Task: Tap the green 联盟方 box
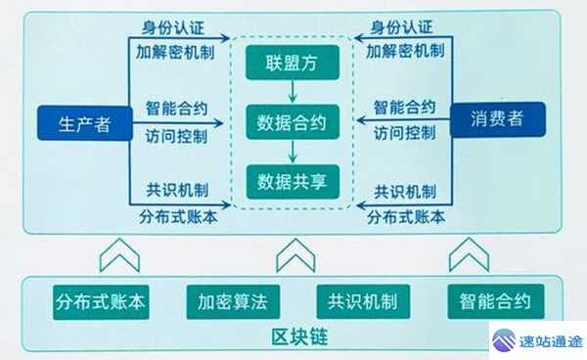click(293, 66)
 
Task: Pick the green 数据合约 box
click(293, 123)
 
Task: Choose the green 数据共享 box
click(293, 181)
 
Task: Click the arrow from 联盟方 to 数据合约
click(293, 94)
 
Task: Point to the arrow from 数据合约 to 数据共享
click(293, 153)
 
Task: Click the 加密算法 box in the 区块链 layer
click(232, 301)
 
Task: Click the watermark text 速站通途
click(551, 341)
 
